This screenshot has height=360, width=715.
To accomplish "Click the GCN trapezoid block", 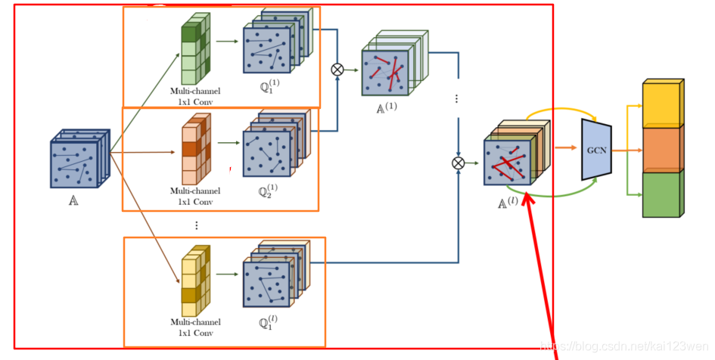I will pos(596,149).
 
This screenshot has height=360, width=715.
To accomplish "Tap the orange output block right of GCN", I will pos(662,149).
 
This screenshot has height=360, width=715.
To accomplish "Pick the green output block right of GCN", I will pos(662,194).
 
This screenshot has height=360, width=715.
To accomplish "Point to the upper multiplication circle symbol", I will pos(337,69).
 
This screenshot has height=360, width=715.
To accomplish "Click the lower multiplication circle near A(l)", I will pos(458,163).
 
